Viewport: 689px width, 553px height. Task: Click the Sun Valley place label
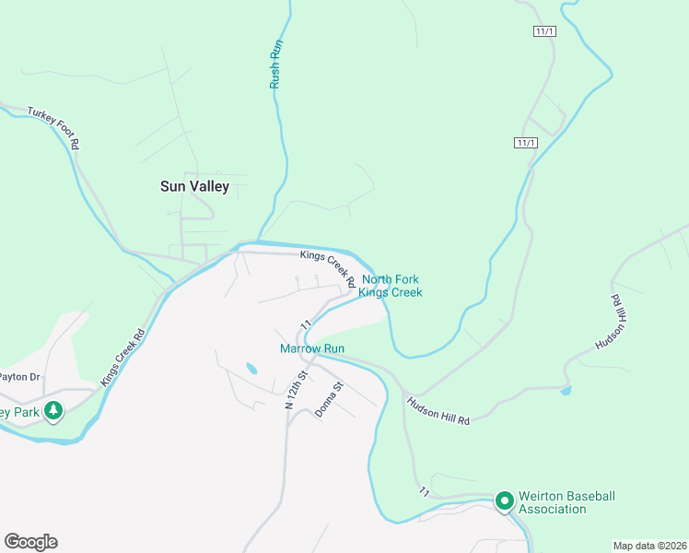tap(194, 185)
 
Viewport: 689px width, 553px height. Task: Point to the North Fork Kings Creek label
tap(390, 286)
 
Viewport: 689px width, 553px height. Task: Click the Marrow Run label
tap(312, 348)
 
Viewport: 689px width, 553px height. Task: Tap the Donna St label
tap(329, 400)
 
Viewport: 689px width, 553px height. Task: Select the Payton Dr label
tap(20, 376)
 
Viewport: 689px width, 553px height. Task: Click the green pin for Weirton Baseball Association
tap(504, 501)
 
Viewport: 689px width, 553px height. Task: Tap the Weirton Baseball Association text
tap(566, 502)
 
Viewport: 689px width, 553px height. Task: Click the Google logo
tap(30, 542)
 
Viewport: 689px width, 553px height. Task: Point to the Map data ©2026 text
tap(649, 545)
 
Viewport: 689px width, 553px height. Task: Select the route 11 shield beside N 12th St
tap(303, 325)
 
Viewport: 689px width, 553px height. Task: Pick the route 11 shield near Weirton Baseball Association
tap(425, 490)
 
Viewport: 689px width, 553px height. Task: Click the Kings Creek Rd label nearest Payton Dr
tap(123, 356)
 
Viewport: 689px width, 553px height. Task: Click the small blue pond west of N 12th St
tap(251, 369)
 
